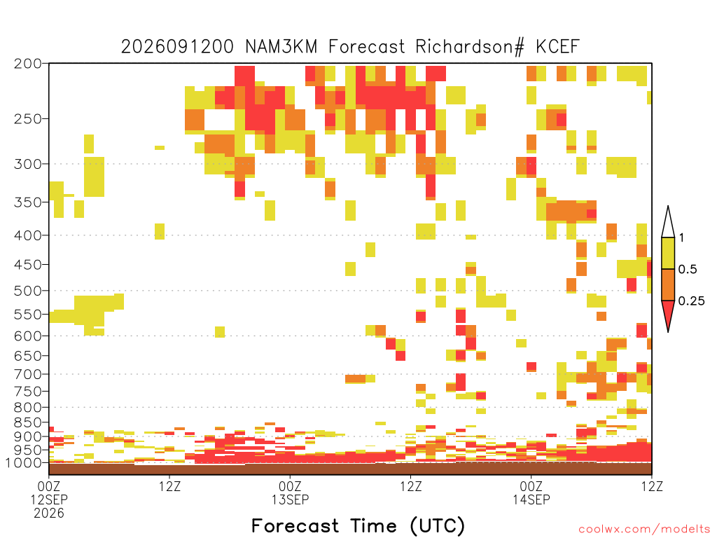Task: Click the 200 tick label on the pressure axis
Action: [28, 64]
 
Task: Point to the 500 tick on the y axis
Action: [28, 291]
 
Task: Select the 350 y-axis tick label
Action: [28, 202]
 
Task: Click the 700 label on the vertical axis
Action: [28, 374]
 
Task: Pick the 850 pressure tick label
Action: [28, 422]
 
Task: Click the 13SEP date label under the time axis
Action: [290, 499]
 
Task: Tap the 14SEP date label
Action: [531, 499]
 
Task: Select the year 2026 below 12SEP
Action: [49, 513]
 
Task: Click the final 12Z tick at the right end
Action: [652, 486]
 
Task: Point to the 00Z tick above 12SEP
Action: [49, 486]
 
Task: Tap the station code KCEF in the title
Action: [557, 47]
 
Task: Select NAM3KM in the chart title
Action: [281, 47]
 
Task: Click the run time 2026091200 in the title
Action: [177, 47]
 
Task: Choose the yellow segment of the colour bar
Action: [668, 253]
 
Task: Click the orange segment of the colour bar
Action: [668, 284]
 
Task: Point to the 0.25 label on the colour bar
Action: [691, 301]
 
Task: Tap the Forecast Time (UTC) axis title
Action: [358, 525]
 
